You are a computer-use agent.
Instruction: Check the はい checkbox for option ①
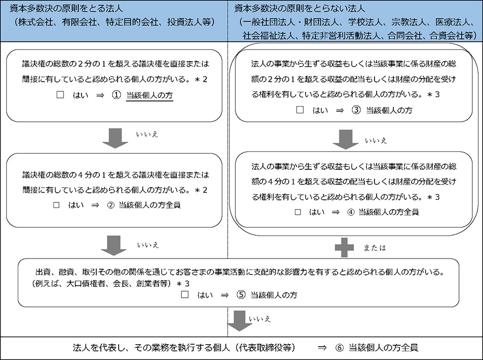point(60,95)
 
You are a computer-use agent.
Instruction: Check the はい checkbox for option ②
point(56,205)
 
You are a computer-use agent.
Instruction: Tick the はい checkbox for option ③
point(300,110)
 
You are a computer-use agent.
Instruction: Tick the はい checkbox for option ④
point(298,212)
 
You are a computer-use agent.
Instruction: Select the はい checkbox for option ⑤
point(185,295)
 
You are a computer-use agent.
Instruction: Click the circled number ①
point(116,95)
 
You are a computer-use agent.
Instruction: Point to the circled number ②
point(111,205)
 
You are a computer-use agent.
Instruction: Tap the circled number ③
point(356,110)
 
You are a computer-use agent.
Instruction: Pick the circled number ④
point(351,212)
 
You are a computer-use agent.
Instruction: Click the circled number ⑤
point(241,295)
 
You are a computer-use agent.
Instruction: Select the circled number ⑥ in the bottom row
point(339,348)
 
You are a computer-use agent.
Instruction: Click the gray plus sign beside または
point(344,247)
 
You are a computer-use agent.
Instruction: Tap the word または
point(374,248)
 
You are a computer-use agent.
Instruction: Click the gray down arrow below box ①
point(115,138)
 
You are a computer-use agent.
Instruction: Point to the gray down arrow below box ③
point(345,140)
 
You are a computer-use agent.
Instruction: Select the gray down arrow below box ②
point(114,246)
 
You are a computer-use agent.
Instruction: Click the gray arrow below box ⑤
point(239,321)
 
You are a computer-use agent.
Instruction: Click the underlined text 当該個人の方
point(149,95)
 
